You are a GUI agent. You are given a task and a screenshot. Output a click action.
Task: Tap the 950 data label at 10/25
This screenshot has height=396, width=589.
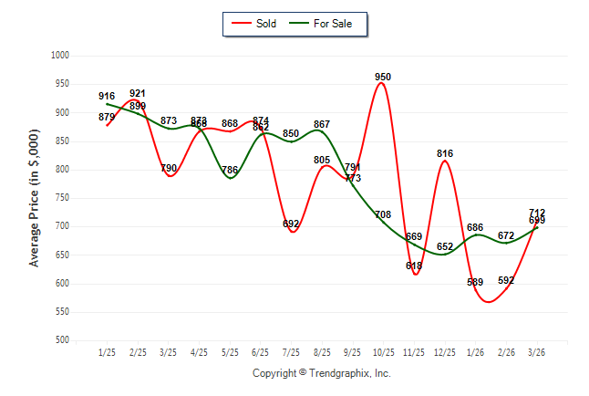383,77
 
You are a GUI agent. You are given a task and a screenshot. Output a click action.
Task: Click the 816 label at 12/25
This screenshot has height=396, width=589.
445,153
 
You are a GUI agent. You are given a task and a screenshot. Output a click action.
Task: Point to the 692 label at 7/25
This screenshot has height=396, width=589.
291,224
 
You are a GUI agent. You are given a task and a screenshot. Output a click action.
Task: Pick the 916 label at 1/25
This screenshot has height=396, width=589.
107,96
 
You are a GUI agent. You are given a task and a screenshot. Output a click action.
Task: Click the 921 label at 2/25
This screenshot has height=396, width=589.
138,93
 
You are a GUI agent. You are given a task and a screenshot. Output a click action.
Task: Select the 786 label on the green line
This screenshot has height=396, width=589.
230,171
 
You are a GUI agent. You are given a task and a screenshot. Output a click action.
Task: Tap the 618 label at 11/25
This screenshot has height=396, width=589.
414,266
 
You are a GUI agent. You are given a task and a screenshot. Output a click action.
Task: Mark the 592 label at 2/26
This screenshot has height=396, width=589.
507,281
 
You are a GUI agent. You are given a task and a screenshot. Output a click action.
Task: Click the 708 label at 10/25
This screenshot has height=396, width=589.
383,215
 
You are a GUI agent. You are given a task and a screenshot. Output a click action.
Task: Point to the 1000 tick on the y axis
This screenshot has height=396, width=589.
59,56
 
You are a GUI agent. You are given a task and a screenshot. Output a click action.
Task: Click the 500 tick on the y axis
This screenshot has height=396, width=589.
62,340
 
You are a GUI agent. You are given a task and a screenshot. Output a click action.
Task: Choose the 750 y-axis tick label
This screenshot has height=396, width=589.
62,198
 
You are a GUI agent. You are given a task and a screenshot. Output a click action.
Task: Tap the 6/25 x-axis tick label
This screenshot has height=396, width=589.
261,352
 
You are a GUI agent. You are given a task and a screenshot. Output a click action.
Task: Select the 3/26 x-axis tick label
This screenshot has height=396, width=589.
538,352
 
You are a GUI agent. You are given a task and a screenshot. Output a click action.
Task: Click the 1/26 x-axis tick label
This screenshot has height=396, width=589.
476,352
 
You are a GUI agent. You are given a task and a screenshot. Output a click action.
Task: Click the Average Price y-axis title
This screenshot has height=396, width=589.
35,199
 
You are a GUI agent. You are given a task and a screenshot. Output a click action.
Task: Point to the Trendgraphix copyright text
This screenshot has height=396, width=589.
321,373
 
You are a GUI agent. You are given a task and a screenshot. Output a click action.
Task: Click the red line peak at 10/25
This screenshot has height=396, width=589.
383,84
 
